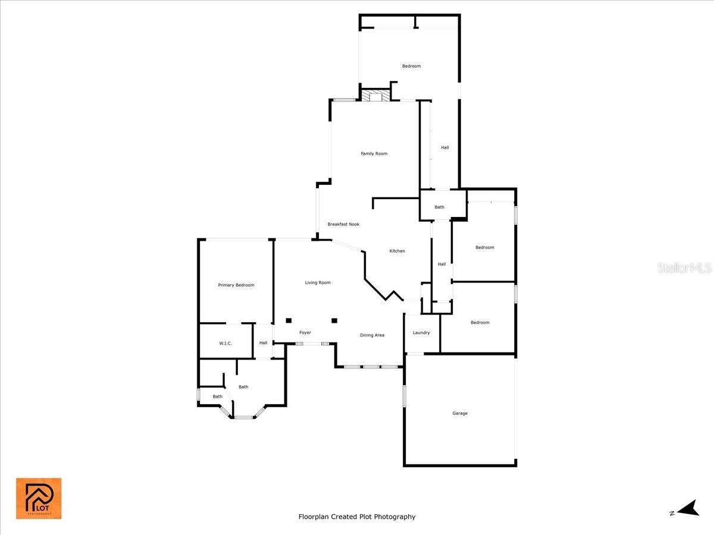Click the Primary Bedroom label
pos(236,285)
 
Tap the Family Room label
pos(374,153)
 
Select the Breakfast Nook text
pos(343,224)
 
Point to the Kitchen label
pos(397,251)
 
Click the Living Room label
pos(318,282)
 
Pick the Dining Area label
pos(372,335)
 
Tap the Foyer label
pos(305,333)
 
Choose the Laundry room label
pos(421,333)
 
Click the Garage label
pos(459,413)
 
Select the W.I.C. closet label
pos(226,344)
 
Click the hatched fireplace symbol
pos(375,96)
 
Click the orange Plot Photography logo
pos(39,499)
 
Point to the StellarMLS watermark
pos(684,268)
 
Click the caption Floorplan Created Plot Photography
pos(357,517)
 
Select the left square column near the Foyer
pos(289,320)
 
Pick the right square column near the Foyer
pos(334,320)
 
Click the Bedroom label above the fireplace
pos(411,66)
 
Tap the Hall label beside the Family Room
pos(444,147)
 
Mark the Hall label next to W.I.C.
pos(263,343)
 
